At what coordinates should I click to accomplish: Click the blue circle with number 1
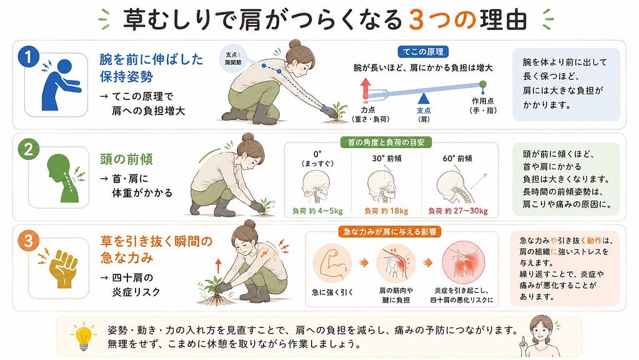coord(28,57)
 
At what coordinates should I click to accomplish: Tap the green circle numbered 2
coord(29,149)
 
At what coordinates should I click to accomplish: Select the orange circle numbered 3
coord(28,241)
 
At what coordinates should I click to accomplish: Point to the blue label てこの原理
coord(423,52)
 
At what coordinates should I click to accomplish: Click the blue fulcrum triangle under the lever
coord(424,98)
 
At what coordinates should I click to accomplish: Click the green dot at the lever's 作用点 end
coord(482,84)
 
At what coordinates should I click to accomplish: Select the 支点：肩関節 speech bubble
coord(233,59)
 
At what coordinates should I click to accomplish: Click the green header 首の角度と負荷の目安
coord(386,142)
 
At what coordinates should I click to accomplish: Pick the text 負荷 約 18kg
coord(386,211)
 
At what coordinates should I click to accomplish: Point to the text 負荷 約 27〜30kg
coord(458,211)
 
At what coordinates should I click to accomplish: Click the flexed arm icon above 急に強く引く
coord(332,263)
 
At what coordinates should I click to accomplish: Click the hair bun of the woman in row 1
coord(295,44)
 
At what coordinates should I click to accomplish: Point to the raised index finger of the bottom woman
coord(522,339)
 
